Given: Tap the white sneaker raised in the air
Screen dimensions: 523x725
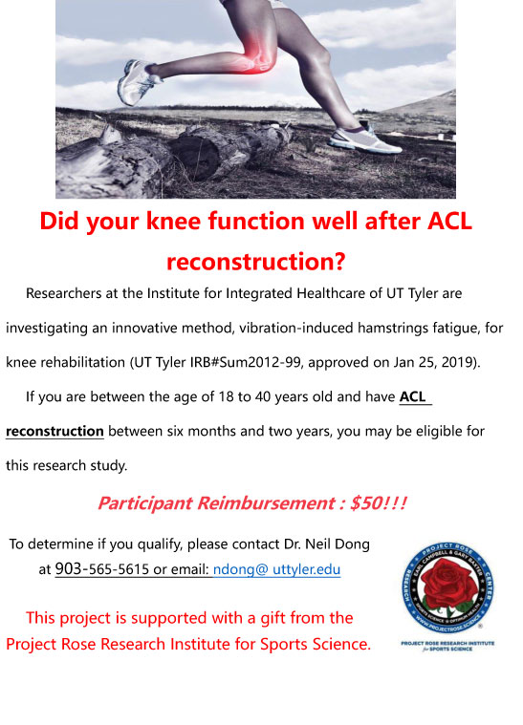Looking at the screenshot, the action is click(137, 81).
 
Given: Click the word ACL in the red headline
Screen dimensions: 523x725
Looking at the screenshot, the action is click(449, 221).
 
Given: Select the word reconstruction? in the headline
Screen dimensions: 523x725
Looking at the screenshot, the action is click(256, 262).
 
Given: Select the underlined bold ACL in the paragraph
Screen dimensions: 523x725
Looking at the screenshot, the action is click(413, 396).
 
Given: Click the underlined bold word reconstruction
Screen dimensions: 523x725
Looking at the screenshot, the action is click(54, 432).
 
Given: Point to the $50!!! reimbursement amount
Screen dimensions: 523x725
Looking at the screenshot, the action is click(378, 503).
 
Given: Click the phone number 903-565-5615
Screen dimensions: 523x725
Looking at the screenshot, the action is click(101, 568).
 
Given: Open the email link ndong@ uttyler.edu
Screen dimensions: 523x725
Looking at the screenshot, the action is click(276, 569).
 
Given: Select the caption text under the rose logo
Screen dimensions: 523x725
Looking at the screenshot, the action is click(447, 646).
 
